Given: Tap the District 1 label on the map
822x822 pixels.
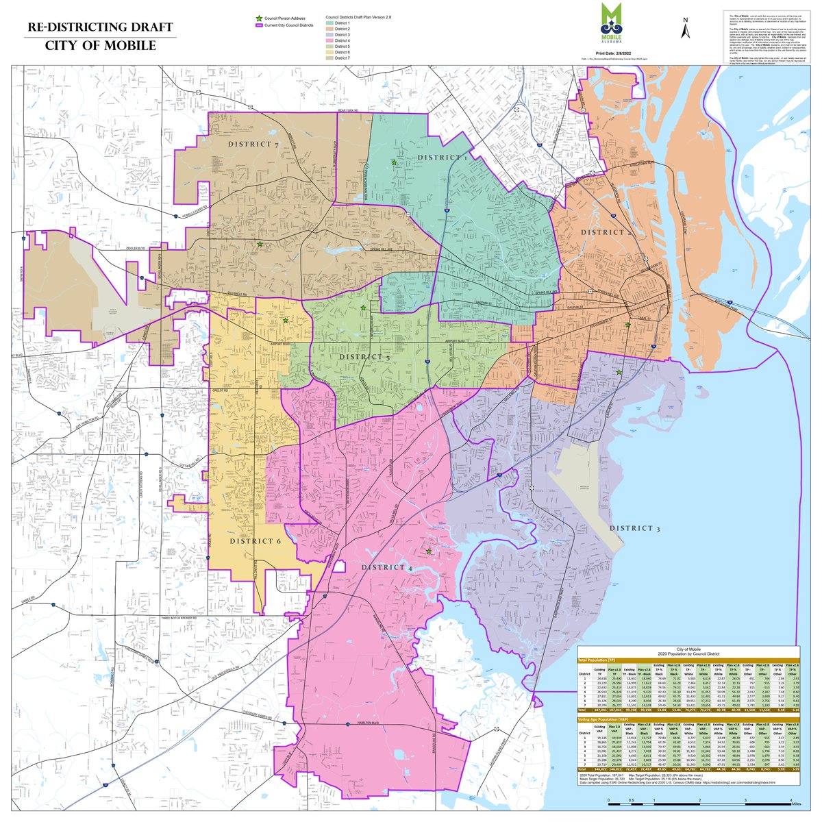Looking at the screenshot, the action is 444,158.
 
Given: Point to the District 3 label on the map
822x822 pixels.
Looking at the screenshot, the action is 635,528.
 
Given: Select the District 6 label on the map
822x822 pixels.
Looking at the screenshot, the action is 256,541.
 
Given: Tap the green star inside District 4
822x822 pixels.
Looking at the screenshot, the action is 429,551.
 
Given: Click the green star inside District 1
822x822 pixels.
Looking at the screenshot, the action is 394,162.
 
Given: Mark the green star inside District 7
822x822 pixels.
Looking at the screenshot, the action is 260,244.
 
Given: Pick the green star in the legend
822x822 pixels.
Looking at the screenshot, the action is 258,18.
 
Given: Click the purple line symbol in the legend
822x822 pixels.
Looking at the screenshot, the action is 258,25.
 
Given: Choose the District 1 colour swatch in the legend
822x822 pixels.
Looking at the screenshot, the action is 329,24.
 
